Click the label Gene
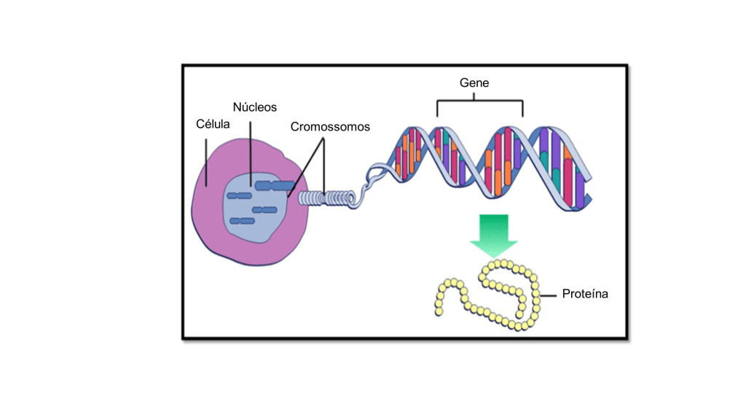(x=474, y=83)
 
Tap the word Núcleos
(x=255, y=107)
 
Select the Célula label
(x=213, y=124)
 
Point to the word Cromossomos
(x=330, y=127)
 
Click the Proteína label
(x=585, y=295)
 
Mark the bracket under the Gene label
(x=480, y=101)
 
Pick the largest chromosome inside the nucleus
(x=274, y=185)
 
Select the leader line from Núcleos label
(x=249, y=153)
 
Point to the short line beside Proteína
(x=549, y=295)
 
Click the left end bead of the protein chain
(x=439, y=312)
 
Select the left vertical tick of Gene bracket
(x=437, y=109)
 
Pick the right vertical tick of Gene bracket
(x=523, y=109)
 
